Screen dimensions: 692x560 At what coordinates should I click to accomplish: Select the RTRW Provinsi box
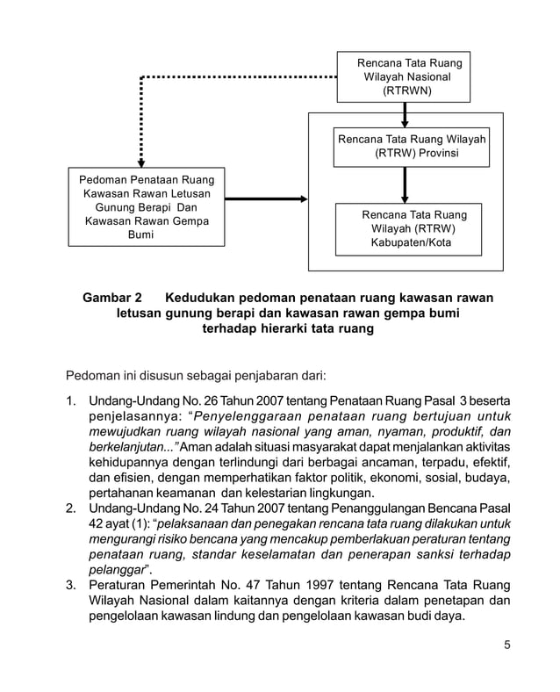[412, 146]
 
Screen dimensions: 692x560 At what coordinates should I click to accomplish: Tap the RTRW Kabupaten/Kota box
[409, 228]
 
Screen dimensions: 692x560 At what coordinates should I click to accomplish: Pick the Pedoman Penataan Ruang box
[146, 208]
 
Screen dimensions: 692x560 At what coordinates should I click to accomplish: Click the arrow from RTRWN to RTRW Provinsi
[405, 114]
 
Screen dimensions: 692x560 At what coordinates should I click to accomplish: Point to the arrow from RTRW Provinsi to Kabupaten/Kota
[405, 184]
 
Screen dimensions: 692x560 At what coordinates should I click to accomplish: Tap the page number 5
[506, 646]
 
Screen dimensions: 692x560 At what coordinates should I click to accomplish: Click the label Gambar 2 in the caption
[112, 297]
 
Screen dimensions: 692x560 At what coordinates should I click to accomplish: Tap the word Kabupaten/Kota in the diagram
[410, 243]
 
